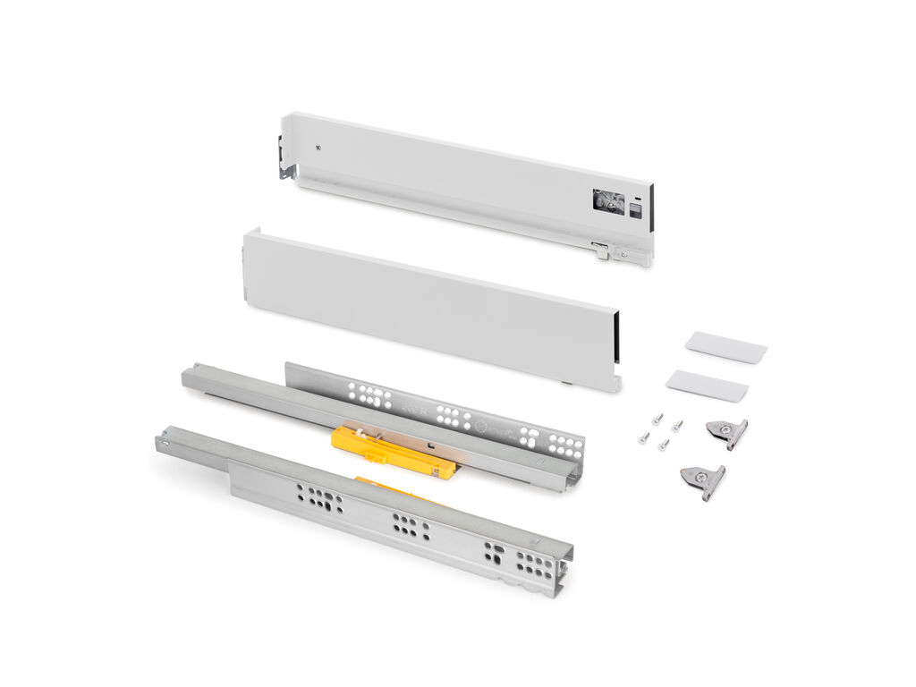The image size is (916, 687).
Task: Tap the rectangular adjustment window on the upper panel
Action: coord(607,202)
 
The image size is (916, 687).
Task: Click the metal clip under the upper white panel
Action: coord(600,251)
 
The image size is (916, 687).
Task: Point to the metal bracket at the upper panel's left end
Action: coord(285,161)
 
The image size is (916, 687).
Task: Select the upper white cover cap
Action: coord(725,347)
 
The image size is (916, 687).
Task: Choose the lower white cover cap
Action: coord(706,386)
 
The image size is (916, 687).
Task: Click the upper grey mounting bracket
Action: coord(726,432)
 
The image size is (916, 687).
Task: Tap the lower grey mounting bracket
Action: coord(703,480)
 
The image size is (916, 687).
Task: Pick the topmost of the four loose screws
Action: coord(657,417)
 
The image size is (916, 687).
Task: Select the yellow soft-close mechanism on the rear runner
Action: coord(394,452)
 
